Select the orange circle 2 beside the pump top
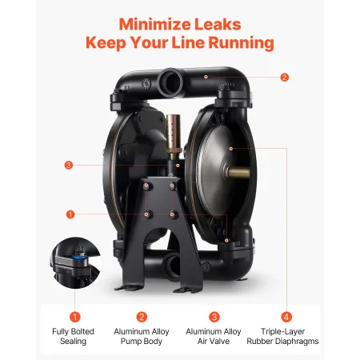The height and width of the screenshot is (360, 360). (284, 78)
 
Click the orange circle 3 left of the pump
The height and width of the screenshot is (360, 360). (69, 166)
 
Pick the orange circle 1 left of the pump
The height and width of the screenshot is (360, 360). (70, 214)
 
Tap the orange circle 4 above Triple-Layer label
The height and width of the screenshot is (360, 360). (285, 316)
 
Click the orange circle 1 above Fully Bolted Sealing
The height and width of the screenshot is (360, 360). (75, 316)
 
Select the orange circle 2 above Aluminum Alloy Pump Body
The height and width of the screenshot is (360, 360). (142, 316)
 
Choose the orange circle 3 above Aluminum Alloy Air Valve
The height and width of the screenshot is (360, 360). (214, 316)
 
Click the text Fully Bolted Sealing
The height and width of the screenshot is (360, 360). (75, 335)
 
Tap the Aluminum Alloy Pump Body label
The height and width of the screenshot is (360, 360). (142, 335)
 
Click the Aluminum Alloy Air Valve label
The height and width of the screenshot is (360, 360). (214, 335)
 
